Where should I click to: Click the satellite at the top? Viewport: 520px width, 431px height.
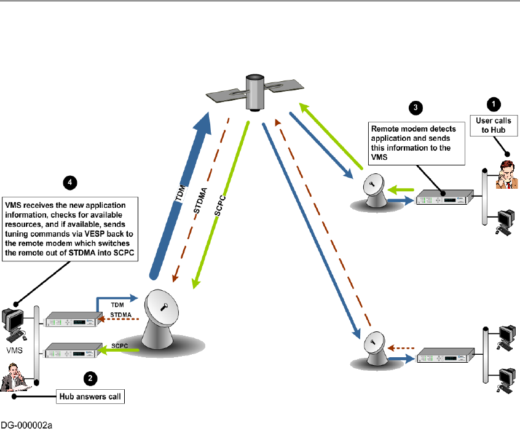point(254,92)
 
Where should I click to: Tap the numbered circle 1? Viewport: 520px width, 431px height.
point(494,105)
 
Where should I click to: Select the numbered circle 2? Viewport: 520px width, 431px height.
point(90,379)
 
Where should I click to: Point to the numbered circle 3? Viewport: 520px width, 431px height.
point(416,108)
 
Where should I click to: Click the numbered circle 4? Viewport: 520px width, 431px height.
point(70,183)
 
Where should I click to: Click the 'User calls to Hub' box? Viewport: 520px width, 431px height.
point(494,125)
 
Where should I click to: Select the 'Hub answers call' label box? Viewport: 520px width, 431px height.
point(90,397)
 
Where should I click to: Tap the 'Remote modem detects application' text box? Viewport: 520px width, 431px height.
point(417,143)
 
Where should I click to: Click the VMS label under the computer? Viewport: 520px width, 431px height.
point(15,350)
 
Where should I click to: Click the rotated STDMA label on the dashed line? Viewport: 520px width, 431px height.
point(200,200)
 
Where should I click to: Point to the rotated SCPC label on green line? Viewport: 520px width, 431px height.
point(220,206)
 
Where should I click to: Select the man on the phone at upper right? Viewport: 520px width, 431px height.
point(506,175)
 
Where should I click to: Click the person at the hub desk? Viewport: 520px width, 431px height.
point(14,378)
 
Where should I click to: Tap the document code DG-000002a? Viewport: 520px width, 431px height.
point(26,425)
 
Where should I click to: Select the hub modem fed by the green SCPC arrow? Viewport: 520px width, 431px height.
point(74,350)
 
